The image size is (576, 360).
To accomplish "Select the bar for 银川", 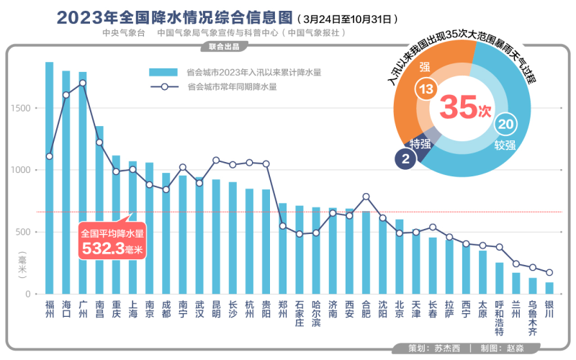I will point(549,288).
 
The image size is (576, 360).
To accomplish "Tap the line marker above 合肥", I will point(366,197).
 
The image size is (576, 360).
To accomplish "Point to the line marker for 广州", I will point(83,83).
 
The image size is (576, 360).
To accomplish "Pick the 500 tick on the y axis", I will point(24,232).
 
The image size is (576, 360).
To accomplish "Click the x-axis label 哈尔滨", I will point(316,315).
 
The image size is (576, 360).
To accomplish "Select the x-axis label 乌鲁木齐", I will point(533,318).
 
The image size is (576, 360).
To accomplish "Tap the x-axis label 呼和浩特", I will point(499,318).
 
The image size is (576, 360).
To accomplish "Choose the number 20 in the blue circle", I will point(505,125).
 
